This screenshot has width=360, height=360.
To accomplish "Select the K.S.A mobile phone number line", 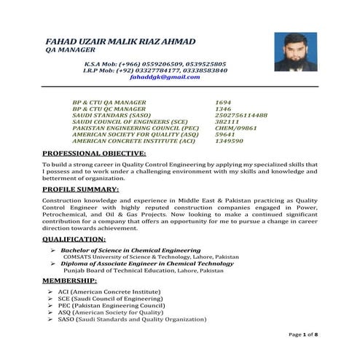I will pos(154,63).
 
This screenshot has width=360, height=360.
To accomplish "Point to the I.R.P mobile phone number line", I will pos(154,70).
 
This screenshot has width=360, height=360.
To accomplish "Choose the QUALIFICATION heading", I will pos(74,238).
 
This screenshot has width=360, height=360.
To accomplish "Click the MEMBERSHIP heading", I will pos(69,281).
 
